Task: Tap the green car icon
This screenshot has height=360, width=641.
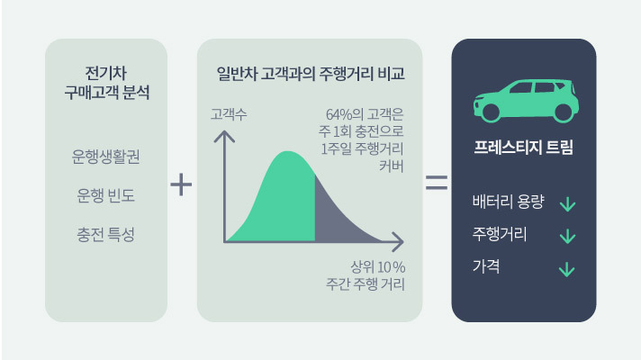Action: (523, 99)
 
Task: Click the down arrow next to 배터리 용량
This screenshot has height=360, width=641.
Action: (567, 204)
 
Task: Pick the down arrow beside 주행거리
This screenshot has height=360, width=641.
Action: (567, 237)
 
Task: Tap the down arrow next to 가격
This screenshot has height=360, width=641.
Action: (567, 268)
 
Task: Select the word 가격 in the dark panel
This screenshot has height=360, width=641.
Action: (486, 266)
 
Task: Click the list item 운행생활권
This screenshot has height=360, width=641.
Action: (106, 156)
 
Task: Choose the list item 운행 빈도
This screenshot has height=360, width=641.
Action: (106, 195)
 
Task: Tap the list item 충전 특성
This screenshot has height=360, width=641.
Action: (106, 235)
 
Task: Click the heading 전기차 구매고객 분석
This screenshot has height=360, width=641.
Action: (106, 82)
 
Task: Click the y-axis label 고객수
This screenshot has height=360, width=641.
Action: (229, 115)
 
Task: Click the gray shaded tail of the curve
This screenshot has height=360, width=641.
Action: (338, 216)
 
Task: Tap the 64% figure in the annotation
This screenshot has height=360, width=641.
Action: (339, 115)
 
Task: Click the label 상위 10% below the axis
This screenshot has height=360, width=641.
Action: (378, 267)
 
